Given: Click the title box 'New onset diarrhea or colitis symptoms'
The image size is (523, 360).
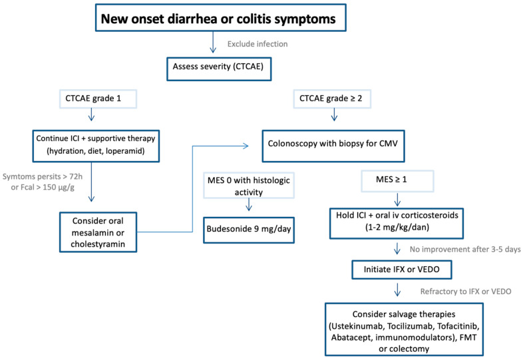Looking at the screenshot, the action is point(220,18).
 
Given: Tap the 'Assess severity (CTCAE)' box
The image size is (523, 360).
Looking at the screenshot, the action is point(219,69).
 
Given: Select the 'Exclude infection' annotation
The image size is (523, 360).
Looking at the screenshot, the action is point(257,44).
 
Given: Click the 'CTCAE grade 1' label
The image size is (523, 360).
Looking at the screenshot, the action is point(98,98).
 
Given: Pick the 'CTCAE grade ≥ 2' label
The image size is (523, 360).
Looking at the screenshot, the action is point(332,98).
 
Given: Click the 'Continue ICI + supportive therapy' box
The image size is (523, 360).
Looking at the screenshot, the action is point(96,146).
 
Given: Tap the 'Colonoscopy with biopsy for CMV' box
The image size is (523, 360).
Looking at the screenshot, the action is point(333,146).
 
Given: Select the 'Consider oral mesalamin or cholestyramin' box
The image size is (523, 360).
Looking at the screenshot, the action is point(98,232).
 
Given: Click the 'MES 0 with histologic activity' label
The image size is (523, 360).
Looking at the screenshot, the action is point(249,186).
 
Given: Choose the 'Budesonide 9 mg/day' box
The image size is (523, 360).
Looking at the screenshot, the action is point(249,230).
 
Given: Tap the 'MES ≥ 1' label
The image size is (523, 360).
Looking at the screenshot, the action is point(397,181).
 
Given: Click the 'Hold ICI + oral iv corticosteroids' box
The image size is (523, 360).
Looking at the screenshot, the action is point(397,224).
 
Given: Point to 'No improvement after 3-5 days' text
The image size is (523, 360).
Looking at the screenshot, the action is point(465,250).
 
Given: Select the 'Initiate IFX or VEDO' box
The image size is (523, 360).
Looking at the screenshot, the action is point(402,270).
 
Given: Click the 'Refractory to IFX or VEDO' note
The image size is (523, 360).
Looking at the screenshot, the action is point(466,291).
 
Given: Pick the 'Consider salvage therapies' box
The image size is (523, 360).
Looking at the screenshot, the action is point(404,329).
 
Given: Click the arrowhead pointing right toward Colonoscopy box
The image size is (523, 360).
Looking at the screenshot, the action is point(246,146).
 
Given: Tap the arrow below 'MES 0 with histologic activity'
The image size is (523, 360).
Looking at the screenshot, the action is point(249,204).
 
